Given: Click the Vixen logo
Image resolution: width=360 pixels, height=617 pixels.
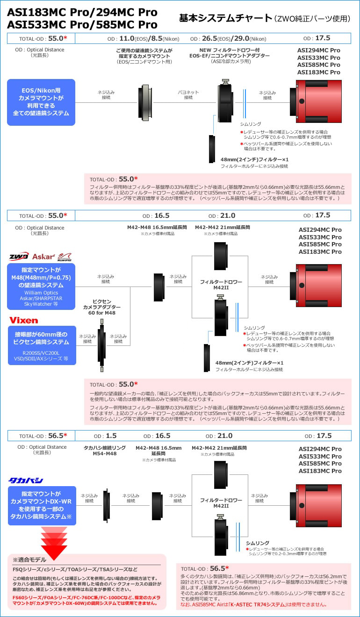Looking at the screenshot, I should [23, 320].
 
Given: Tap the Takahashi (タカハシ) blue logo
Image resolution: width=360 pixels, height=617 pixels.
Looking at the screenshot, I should [26, 481].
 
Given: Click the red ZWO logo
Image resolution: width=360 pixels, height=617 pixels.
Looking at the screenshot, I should [19, 257].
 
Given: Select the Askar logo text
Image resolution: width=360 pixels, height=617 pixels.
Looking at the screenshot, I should [43, 257].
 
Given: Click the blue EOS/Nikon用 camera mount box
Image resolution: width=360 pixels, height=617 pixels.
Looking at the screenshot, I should [41, 102].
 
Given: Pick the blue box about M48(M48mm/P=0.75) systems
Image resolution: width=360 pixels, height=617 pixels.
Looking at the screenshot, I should [41, 286].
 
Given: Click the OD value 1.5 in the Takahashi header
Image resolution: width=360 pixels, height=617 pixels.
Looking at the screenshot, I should [111, 436].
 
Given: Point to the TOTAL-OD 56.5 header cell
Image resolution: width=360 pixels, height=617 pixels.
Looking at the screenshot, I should [41, 436].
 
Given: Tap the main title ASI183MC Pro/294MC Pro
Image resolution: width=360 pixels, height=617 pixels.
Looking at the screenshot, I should [82, 12].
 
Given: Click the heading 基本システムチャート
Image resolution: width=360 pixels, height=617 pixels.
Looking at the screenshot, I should [225, 18].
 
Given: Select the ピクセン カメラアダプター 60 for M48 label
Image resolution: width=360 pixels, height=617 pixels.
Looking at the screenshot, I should [102, 307].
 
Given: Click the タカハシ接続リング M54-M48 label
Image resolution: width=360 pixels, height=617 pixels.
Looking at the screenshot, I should [104, 451].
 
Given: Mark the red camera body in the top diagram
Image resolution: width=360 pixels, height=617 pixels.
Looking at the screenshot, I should [320, 102].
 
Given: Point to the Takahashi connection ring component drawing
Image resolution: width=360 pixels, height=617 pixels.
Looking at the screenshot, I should [107, 504].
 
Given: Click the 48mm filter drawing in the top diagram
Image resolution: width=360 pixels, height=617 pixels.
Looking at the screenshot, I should [212, 149].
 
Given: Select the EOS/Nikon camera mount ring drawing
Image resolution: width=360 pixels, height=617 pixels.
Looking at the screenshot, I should [144, 102].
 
